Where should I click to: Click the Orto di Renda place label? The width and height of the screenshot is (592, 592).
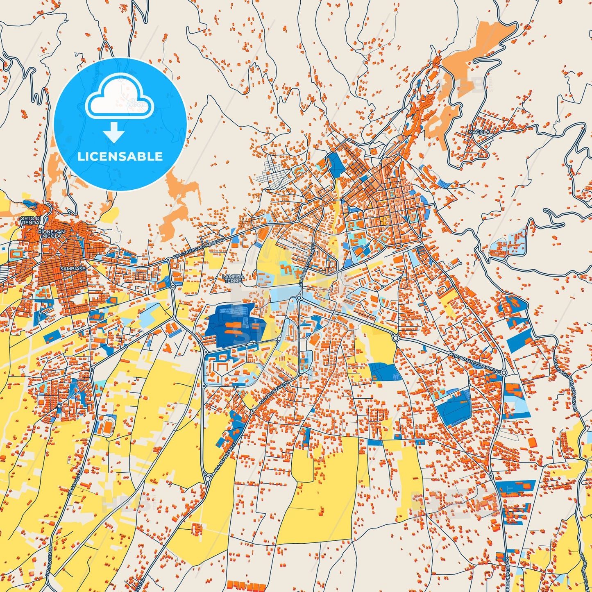pos(31,220)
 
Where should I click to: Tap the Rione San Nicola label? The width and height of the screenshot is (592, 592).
pos(51,234)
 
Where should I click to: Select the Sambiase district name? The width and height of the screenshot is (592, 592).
pos(73,269)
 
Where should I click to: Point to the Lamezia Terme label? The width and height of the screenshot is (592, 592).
pos(234,279)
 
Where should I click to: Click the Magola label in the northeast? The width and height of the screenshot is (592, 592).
pos(479,132)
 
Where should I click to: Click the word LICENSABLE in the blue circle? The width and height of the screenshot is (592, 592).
pos(120,157)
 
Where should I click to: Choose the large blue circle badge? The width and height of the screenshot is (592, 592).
pos(120,124)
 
